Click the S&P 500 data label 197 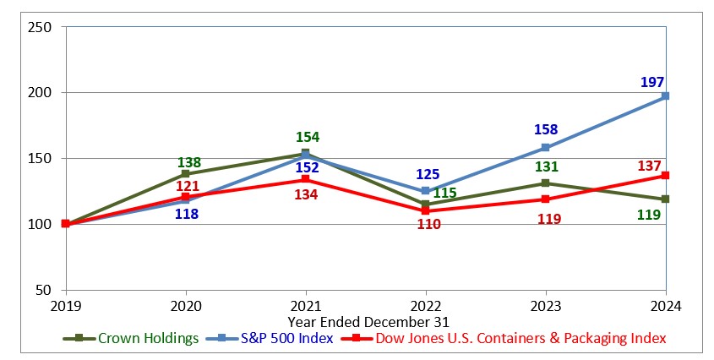[x=652, y=81]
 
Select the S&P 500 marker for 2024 [x=665, y=96]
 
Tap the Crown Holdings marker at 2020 [x=185, y=174]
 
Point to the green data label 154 [x=307, y=137]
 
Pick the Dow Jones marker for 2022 [x=425, y=210]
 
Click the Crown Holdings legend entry [x=131, y=338]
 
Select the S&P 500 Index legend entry [x=270, y=338]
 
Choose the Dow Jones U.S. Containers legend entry [x=504, y=338]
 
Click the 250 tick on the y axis [x=41, y=27]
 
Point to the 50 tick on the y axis [x=44, y=290]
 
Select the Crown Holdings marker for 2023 [x=545, y=183]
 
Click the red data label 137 [x=651, y=166]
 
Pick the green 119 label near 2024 [x=648, y=215]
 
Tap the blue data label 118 [x=186, y=215]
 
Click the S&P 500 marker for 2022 [x=425, y=191]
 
